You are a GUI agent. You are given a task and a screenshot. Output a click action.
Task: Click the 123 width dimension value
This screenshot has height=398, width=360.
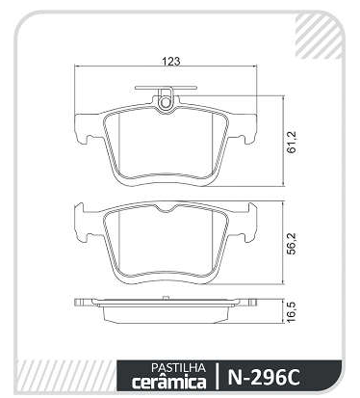[x=170, y=62]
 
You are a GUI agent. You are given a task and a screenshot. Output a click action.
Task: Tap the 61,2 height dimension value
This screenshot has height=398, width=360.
[x=293, y=142]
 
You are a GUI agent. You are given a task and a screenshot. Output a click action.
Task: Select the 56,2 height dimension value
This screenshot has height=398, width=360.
[x=293, y=243]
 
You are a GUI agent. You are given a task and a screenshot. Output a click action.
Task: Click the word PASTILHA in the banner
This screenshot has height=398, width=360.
[x=178, y=367]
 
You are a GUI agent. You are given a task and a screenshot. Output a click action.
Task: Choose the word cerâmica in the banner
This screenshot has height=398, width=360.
[x=169, y=382]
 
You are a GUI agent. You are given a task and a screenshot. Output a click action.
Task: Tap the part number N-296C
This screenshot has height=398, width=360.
[x=264, y=377]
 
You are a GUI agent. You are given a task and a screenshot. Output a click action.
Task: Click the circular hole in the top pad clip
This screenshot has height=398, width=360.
[x=166, y=102]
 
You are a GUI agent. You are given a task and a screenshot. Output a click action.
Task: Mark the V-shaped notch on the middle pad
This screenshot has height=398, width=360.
[x=166, y=209]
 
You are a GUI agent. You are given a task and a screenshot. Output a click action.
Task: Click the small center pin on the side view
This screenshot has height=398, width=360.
[x=166, y=298]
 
